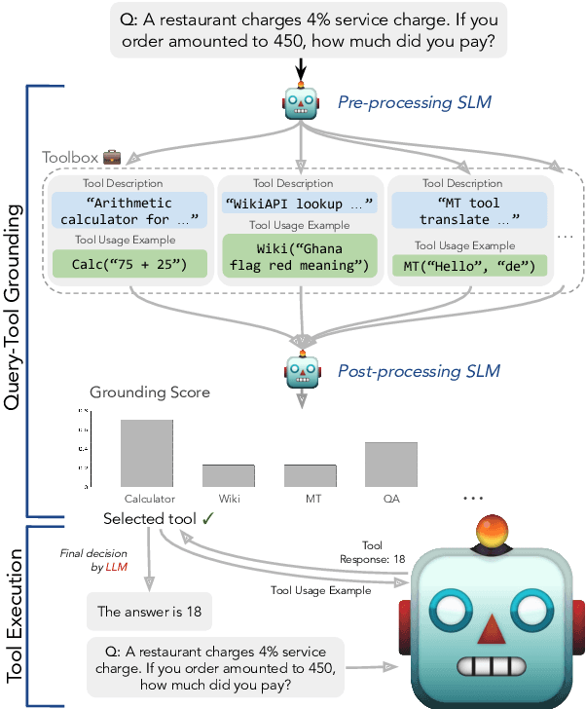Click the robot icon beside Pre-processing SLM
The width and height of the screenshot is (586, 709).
pos(301,102)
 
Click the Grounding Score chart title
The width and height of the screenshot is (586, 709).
pos(149,393)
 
